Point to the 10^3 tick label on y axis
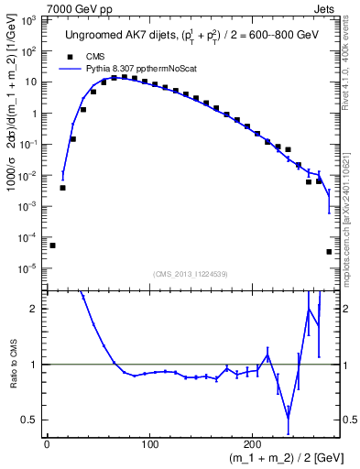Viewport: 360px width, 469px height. (x=28, y=20)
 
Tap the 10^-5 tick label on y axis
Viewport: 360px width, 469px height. (x=27, y=268)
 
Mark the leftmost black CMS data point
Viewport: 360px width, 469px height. (x=52, y=245)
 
